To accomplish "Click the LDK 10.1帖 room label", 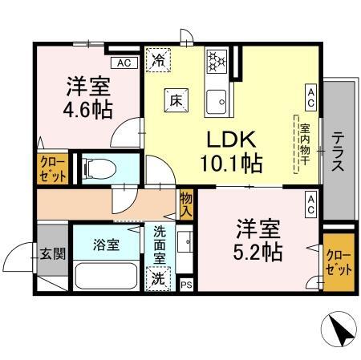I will click(229, 151).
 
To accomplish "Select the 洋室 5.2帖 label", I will click(257, 239).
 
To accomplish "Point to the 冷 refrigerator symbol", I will click(158, 59).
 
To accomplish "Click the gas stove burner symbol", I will click(217, 61).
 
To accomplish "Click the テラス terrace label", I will click(339, 152).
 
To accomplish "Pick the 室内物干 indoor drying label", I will click(305, 144).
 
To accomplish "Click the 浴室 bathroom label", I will click(106, 245).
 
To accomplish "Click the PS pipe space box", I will click(186, 284).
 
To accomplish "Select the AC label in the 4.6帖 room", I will click(124, 63).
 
